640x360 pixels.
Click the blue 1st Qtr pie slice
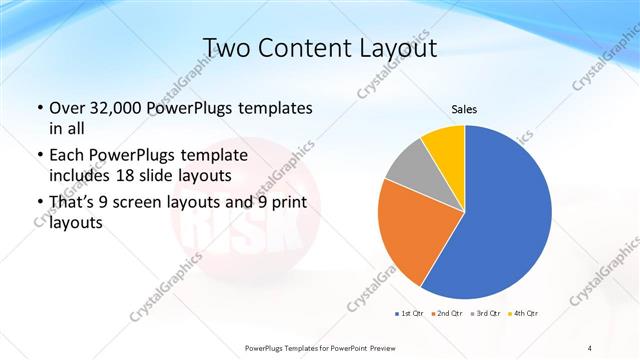510,215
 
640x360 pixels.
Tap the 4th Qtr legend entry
524,313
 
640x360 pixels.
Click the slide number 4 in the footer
591,347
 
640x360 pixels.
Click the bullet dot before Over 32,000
39,108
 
